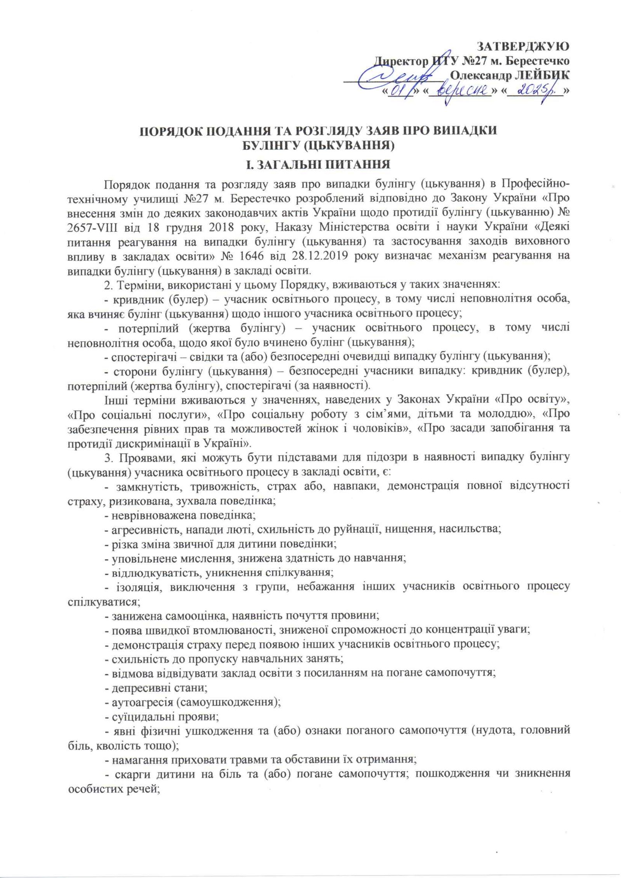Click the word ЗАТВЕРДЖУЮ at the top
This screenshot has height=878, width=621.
523,47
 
